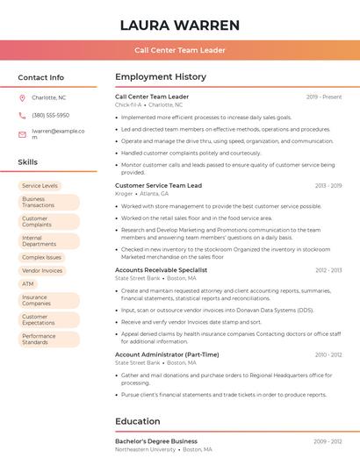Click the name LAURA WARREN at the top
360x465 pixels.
click(x=180, y=24)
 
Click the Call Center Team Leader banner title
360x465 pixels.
click(x=180, y=50)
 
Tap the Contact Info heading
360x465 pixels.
click(x=40, y=77)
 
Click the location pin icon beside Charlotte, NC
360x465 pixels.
click(x=22, y=97)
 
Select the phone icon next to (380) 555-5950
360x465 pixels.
click(x=22, y=115)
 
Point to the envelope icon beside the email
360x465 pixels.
click(x=22, y=134)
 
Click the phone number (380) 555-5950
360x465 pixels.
click(x=50, y=115)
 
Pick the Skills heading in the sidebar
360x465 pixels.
click(x=28, y=162)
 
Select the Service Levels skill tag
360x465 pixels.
click(x=40, y=186)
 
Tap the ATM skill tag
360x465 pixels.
click(x=28, y=284)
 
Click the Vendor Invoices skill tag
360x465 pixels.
click(x=42, y=271)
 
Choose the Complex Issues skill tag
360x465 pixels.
click(x=41, y=258)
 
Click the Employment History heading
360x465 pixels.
click(x=161, y=77)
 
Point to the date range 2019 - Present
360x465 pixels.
click(x=324, y=97)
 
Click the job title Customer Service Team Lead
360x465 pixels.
click(x=158, y=185)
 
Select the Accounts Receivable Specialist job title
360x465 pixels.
click(x=161, y=270)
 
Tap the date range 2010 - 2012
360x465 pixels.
click(x=328, y=354)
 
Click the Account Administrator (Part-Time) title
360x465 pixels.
click(x=167, y=354)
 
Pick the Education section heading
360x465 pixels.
click(x=137, y=421)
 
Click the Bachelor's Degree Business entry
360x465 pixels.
click(x=156, y=441)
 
